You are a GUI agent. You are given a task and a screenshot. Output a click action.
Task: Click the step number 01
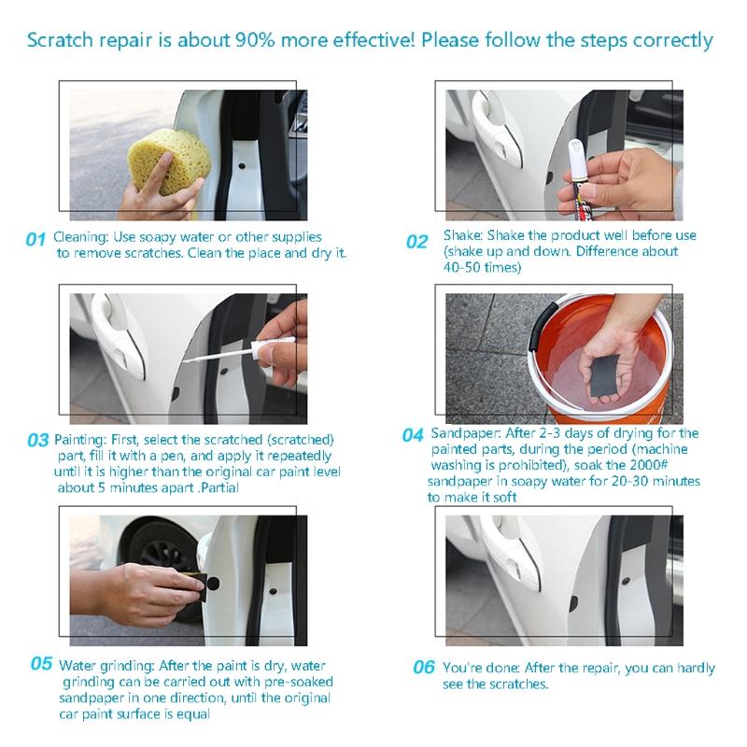(x=35, y=240)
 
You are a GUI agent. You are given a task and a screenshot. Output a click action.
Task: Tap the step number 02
(x=416, y=242)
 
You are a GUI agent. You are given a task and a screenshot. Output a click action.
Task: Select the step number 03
(x=37, y=439)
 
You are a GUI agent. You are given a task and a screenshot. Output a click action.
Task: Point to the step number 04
(x=413, y=435)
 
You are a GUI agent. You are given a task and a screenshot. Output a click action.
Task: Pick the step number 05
(x=40, y=664)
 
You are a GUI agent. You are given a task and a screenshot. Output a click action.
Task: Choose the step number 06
(x=424, y=667)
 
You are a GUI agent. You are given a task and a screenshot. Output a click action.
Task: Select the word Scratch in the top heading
(x=58, y=41)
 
